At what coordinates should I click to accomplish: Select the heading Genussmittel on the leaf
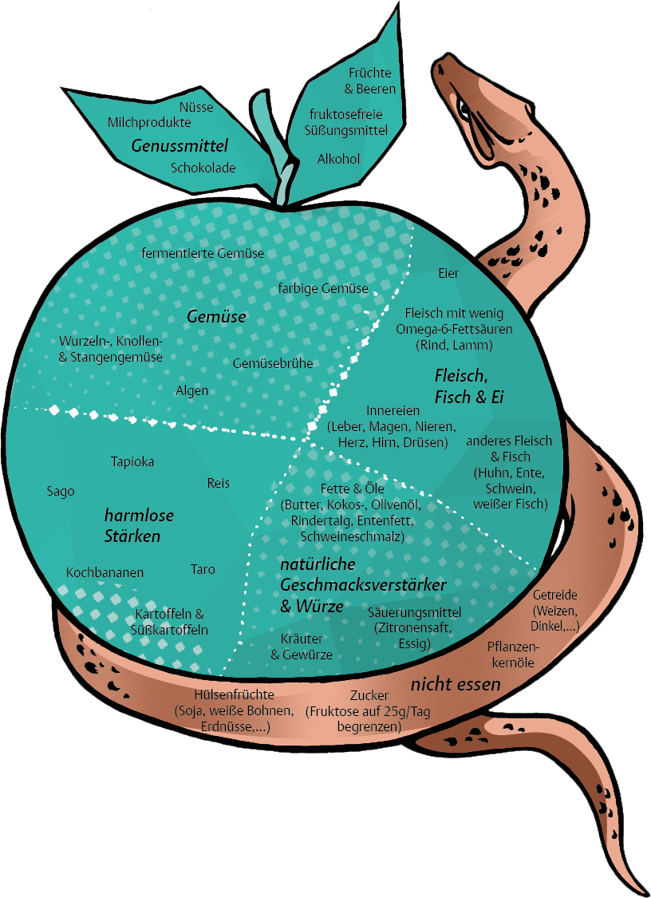180,145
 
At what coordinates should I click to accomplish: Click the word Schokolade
203,168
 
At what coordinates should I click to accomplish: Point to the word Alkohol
338,159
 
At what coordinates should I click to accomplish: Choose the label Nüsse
196,107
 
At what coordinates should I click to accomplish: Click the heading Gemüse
217,317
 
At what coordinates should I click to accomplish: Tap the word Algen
191,390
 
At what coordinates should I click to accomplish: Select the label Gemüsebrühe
273,363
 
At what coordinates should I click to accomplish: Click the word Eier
448,273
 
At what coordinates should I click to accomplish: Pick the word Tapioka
132,461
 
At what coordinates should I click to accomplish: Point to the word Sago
61,492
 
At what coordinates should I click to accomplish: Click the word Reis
218,484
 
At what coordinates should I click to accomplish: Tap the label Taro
203,569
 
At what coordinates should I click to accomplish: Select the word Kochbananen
105,572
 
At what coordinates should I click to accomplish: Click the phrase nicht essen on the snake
456,684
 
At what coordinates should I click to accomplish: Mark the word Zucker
369,695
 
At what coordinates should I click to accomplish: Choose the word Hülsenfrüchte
235,694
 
